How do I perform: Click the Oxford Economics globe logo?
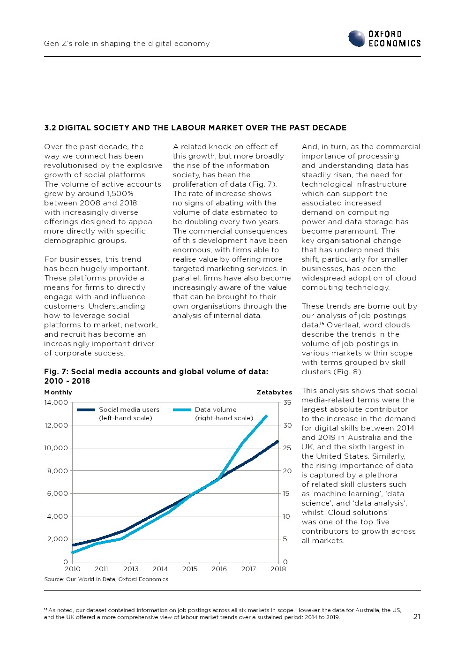357,38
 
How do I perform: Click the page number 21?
417,617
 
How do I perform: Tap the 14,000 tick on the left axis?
56,402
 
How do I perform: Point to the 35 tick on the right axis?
287,402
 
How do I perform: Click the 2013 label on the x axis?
131,569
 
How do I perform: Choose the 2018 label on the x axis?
278,569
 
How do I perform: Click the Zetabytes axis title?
274,393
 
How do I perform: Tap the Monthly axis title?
58,393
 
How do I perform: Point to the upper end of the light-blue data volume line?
267,416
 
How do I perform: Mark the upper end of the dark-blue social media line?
278,441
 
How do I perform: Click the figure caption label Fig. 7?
56,371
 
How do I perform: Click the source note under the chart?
106,579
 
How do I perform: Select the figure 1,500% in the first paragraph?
120,194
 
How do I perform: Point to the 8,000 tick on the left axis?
58,471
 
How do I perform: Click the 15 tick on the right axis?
286,493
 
